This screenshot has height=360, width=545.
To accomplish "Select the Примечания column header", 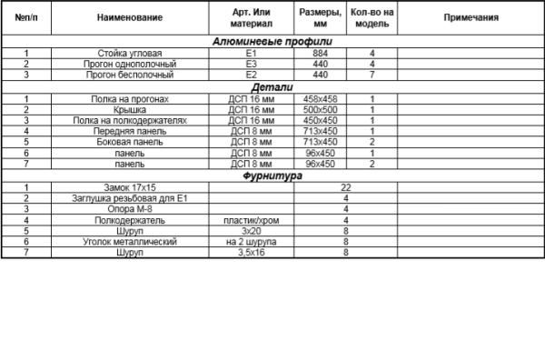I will click(471, 17).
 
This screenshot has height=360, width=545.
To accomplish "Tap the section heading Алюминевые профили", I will click(272, 42).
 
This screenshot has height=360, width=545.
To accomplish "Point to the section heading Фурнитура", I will click(272, 176).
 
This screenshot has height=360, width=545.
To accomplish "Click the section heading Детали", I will click(272, 87).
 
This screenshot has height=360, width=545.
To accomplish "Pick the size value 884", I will click(320, 54).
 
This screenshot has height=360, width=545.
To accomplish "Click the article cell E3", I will click(251, 65).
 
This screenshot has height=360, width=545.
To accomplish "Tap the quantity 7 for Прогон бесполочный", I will click(372, 75).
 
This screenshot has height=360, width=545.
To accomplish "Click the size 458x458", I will click(320, 98).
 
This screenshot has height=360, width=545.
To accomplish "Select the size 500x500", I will click(320, 109).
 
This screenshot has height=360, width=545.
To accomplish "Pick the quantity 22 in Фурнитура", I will click(346, 187).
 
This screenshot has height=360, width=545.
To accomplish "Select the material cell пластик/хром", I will click(251, 220).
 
